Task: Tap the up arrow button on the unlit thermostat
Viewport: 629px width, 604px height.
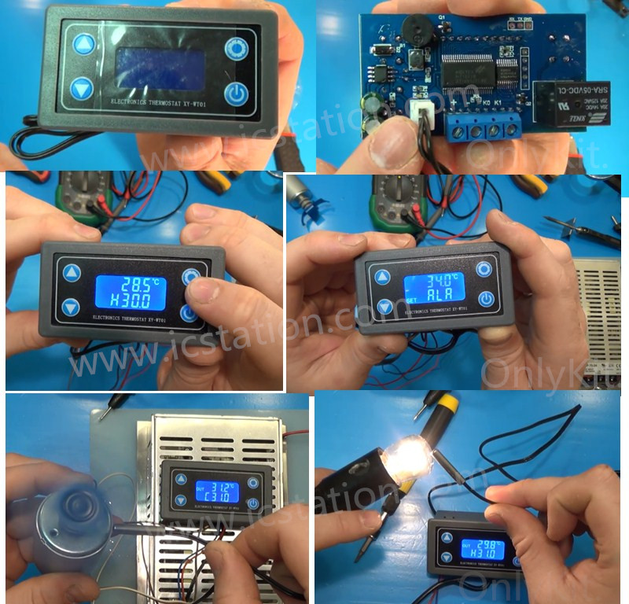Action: click(83, 43)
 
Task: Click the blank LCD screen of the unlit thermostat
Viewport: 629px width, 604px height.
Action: click(160, 67)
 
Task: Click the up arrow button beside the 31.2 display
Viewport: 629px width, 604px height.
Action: click(181, 480)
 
